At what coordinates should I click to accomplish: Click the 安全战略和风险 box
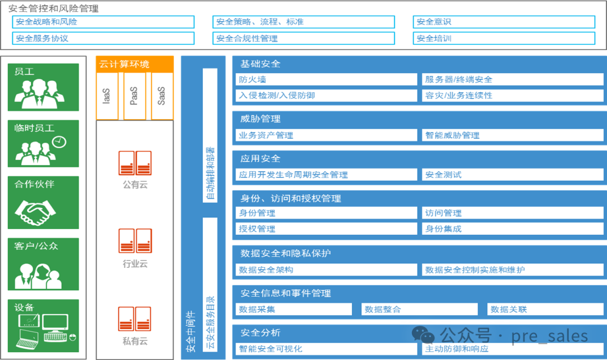pyautogui.click(x=103, y=22)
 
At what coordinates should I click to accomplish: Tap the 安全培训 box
pyautogui.click(x=504, y=38)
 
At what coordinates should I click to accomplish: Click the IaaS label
pyautogui.click(x=107, y=95)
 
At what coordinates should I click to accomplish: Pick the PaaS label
pyautogui.click(x=134, y=95)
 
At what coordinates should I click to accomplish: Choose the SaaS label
pyautogui.click(x=162, y=95)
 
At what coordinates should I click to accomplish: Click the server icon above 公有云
pyautogui.click(x=135, y=163)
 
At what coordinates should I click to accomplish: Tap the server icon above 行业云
pyautogui.click(x=135, y=241)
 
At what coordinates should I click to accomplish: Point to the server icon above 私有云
pyautogui.click(x=135, y=318)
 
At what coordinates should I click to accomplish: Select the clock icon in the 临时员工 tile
pyautogui.click(x=60, y=142)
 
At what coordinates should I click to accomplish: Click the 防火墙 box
pyautogui.click(x=326, y=79)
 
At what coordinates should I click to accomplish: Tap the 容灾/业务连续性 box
pyautogui.click(x=512, y=95)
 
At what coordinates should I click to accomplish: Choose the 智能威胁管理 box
pyautogui.click(x=512, y=135)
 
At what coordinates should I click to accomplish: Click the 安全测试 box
pyautogui.click(x=512, y=174)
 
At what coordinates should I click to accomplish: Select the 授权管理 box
pyautogui.click(x=326, y=229)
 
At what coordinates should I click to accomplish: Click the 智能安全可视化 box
pyautogui.click(x=326, y=348)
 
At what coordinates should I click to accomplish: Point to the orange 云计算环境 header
pyautogui.click(x=134, y=64)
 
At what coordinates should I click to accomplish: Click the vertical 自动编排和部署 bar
pyautogui.click(x=210, y=135)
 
